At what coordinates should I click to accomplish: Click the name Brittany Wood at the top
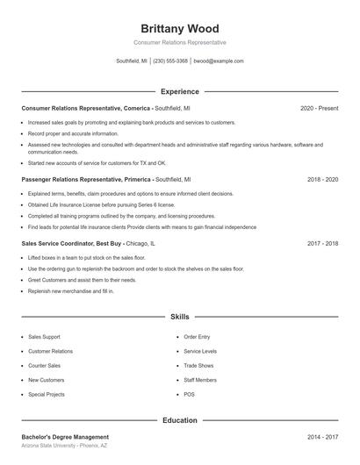click(x=179, y=28)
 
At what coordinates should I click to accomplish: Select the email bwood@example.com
click(x=219, y=61)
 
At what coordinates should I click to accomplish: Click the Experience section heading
click(x=179, y=91)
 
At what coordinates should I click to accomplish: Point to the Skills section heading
click(x=179, y=316)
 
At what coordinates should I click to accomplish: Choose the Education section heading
click(x=179, y=420)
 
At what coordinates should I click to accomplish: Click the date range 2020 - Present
click(x=319, y=108)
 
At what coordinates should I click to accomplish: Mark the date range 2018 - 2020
click(x=322, y=179)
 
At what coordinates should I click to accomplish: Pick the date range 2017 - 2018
click(x=322, y=243)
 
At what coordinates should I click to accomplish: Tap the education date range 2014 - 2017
click(x=322, y=436)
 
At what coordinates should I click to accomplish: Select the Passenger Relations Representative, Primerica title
click(x=86, y=179)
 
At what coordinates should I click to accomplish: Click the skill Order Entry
click(x=197, y=337)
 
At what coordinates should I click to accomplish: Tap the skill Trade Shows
click(x=198, y=365)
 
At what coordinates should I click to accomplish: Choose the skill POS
click(x=190, y=394)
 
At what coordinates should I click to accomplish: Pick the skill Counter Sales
click(x=44, y=365)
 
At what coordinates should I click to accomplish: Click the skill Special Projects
click(x=46, y=394)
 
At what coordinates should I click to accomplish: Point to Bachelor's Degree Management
click(x=65, y=436)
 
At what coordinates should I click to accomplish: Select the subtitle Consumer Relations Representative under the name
click(x=179, y=42)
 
